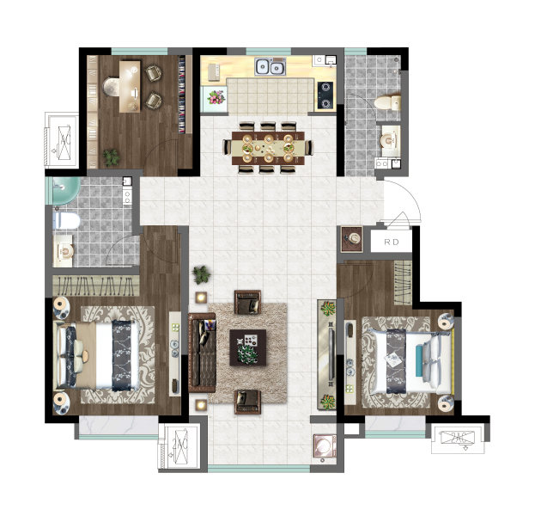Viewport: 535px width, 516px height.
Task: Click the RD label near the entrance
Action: pyautogui.click(x=392, y=242)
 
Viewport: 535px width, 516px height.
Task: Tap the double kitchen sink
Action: pyautogui.click(x=271, y=66)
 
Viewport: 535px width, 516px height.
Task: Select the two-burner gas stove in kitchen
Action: pyautogui.click(x=325, y=95)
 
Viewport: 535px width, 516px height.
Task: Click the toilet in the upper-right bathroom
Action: pyautogui.click(x=387, y=102)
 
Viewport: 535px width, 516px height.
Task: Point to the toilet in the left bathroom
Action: pyautogui.click(x=66, y=221)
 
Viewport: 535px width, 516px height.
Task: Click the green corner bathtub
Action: pyautogui.click(x=65, y=190)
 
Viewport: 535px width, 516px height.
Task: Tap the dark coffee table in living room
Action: pyautogui.click(x=247, y=347)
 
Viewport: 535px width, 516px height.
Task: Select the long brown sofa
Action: pyautogui.click(x=203, y=353)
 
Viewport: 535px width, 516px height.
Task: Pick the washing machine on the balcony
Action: pyautogui.click(x=325, y=445)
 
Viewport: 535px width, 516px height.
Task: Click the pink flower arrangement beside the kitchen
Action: pyautogui.click(x=216, y=97)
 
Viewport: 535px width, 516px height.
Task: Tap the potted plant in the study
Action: pyautogui.click(x=112, y=157)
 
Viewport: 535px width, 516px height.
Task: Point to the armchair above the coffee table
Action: pyautogui.click(x=247, y=302)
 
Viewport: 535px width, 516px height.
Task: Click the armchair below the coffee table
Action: pyautogui.click(x=247, y=402)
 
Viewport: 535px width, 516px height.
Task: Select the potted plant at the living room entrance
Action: pyautogui.click(x=201, y=274)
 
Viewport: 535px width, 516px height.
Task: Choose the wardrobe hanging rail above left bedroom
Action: pyautogui.click(x=96, y=286)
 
